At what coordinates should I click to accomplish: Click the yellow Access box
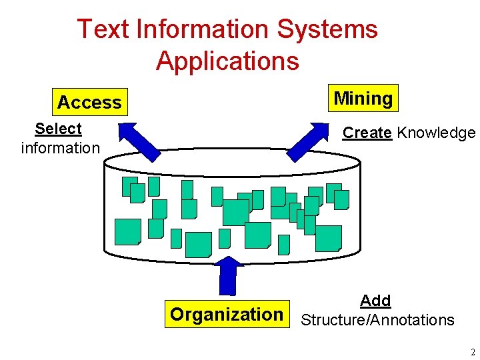coord(89,103)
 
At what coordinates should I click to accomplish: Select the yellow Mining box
coord(363,99)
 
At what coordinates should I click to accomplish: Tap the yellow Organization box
coord(227,314)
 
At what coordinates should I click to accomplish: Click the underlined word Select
coord(58,129)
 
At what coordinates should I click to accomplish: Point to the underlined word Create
coord(367,133)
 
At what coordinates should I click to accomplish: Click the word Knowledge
coord(436,133)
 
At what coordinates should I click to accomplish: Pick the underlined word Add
coord(375,301)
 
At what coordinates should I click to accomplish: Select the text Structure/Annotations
coord(377,320)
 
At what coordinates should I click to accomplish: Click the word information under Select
coord(60,147)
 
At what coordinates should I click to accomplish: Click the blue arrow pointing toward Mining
coord(314,141)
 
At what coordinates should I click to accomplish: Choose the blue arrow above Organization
coord(228,275)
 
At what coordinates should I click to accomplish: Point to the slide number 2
coord(472,352)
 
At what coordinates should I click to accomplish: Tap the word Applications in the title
coord(227,61)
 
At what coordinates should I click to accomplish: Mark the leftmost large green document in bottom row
coord(127,231)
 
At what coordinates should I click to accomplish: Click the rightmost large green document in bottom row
coord(328,238)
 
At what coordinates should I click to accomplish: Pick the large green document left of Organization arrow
coord(198,244)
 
